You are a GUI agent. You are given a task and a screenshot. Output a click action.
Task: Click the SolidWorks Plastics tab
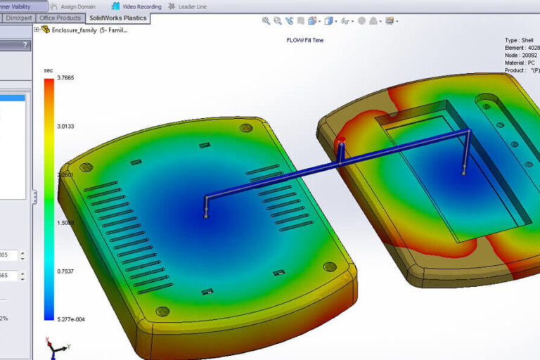(x=117, y=18)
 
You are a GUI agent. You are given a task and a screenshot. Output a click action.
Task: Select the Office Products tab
(x=60, y=18)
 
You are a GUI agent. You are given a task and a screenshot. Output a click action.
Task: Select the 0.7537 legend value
(x=66, y=269)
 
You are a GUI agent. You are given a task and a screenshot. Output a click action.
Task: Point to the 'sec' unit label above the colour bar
(x=48, y=70)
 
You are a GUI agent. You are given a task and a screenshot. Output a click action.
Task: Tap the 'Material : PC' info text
(x=520, y=63)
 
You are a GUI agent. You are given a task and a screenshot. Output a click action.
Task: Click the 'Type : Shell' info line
(x=521, y=40)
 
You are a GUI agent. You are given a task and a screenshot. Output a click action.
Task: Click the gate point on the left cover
(x=205, y=217)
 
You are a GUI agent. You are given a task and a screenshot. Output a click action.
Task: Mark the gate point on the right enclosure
(x=463, y=172)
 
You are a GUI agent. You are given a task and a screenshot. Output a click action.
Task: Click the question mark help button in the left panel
(x=26, y=45)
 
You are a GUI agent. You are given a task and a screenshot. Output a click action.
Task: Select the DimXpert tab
(x=18, y=18)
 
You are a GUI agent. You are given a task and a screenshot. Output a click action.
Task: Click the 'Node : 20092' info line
(x=521, y=55)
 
